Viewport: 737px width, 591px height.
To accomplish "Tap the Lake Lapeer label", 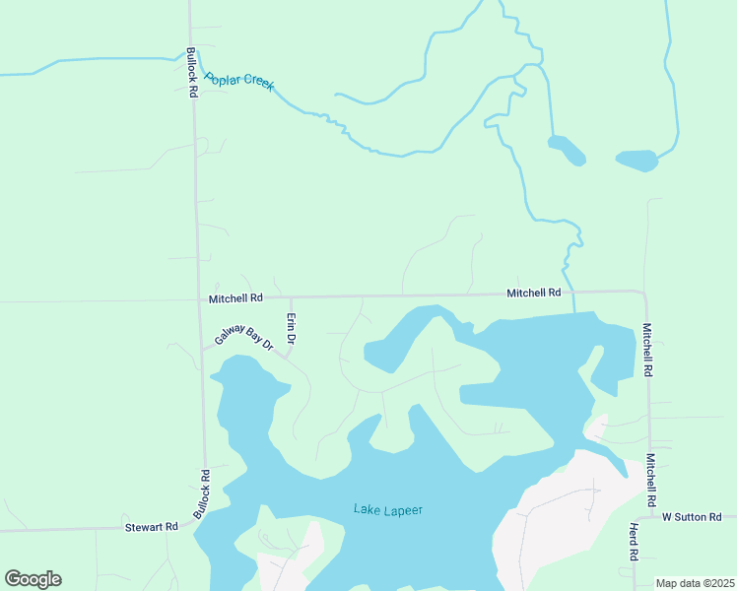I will pos(388,509).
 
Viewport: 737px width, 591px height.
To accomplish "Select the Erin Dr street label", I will pos(291,328).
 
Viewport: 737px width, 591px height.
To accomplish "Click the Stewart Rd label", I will pos(151,527).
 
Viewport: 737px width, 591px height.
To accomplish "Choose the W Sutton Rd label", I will pos(692,516).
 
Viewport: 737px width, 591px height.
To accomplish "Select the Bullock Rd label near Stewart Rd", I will pos(202,495).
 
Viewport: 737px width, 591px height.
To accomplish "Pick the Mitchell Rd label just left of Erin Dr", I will pos(235,297).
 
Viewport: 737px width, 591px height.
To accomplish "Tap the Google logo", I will pos(33,579).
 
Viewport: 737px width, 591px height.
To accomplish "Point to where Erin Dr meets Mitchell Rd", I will pos(291,295).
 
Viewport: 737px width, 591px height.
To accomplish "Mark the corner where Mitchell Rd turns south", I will pos(643,293).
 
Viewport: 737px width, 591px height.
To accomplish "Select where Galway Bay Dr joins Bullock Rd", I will pos(203,349).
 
